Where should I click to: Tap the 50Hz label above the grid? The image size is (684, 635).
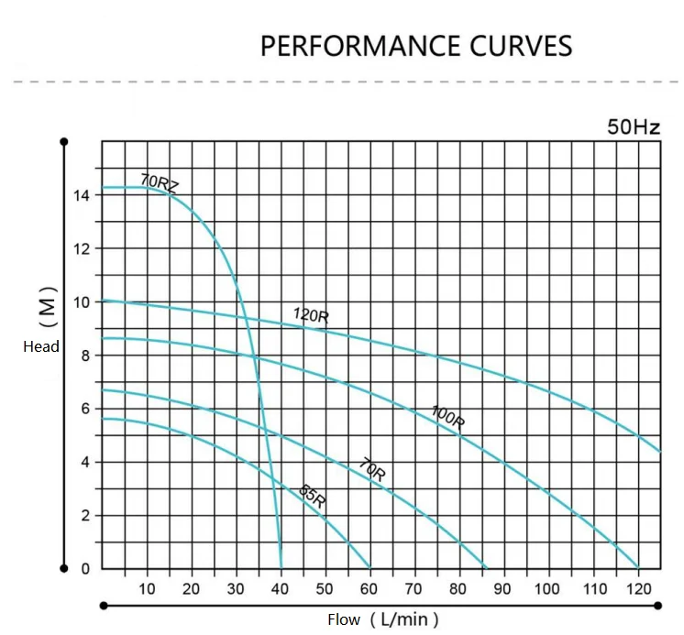pyautogui.click(x=633, y=127)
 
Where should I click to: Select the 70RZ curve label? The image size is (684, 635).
pyautogui.click(x=160, y=182)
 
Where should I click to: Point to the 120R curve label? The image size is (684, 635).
pyautogui.click(x=311, y=315)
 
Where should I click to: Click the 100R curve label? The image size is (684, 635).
pyautogui.click(x=447, y=416)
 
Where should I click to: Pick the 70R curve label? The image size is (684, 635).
pyautogui.click(x=372, y=471)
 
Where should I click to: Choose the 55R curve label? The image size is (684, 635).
pyautogui.click(x=313, y=496)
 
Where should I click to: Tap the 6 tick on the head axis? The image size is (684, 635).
pyautogui.click(x=84, y=409)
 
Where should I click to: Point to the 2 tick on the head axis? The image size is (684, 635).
pyautogui.click(x=84, y=516)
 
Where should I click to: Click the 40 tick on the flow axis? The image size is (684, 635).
pyautogui.click(x=280, y=588)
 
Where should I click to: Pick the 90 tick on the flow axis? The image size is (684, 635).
pyautogui.click(x=503, y=588)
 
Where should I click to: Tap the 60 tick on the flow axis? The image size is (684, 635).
pyautogui.click(x=369, y=588)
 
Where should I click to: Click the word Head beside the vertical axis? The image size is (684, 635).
pyautogui.click(x=41, y=346)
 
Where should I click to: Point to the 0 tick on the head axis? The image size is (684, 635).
pyautogui.click(x=84, y=569)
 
